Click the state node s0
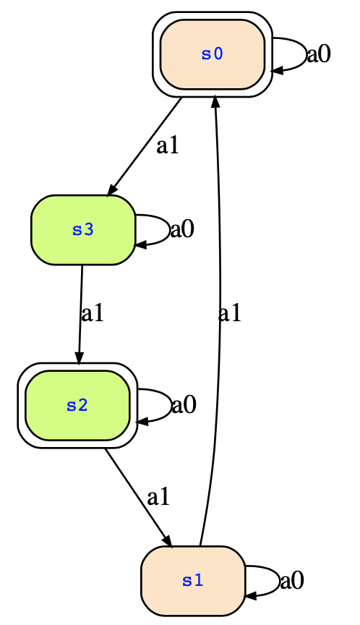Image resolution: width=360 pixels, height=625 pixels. [213, 54]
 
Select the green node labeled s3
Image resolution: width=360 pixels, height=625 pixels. [83, 230]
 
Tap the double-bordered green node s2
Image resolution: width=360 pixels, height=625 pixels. [77, 406]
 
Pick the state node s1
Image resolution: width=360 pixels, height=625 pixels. [193, 581]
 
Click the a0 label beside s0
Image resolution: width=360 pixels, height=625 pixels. [319, 54]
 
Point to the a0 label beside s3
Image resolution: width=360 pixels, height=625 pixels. [182, 229]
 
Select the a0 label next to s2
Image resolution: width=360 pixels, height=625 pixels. [184, 405]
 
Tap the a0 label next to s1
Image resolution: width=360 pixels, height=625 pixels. [292, 581]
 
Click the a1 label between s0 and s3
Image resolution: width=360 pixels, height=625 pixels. [168, 146]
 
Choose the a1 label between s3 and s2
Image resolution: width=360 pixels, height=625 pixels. [93, 314]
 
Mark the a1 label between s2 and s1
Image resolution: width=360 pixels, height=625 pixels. [158, 498]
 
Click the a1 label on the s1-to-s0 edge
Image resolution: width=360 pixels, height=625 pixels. [230, 314]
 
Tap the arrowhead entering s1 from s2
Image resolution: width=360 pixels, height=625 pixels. [167, 540]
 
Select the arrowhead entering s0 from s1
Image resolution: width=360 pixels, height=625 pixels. [215, 101]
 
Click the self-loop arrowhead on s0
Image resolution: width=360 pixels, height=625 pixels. [277, 71]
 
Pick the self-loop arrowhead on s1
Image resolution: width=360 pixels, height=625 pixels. [250, 597]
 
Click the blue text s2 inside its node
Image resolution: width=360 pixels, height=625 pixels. [77, 406]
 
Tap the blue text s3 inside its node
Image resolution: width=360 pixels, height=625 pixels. [83, 230]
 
